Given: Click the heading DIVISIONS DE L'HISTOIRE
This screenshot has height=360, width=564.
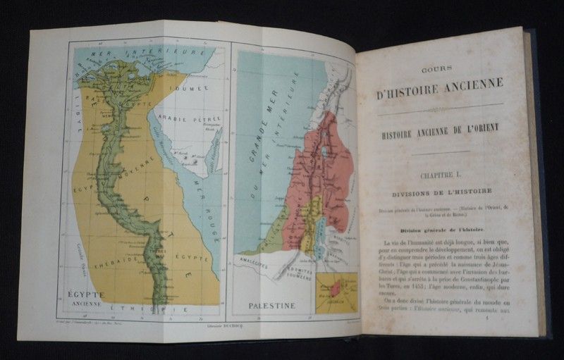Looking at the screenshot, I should click(x=443, y=191).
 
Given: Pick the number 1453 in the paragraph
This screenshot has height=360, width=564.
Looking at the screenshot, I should click(x=429, y=288).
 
